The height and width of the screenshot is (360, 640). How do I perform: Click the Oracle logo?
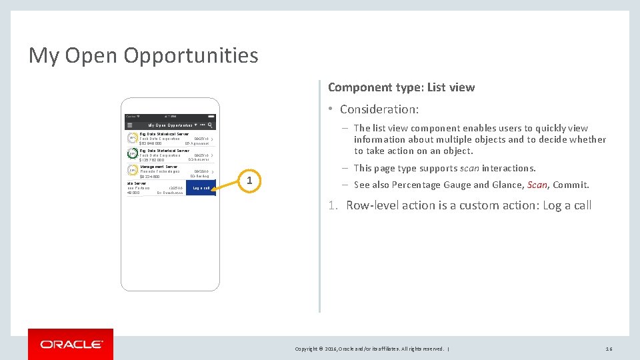[x=71, y=344]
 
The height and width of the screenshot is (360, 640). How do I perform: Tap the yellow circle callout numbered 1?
[x=249, y=181]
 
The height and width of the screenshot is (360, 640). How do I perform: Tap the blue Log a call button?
[x=201, y=188]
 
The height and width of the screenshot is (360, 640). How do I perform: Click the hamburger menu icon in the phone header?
[x=129, y=125]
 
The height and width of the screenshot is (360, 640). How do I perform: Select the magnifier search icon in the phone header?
[x=211, y=125]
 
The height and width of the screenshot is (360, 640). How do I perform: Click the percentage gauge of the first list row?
[x=133, y=138]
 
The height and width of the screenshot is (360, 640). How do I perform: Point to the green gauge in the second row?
[x=133, y=154]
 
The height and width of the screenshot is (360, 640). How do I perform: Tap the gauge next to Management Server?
[x=133, y=171]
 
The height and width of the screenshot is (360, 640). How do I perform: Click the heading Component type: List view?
[x=401, y=87]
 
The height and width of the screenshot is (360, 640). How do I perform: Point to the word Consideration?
[x=379, y=109]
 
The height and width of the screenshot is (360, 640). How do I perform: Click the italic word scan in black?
[x=470, y=168]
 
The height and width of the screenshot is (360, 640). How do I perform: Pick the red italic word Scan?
[x=537, y=185]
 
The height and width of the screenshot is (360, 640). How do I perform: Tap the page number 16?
[x=609, y=349]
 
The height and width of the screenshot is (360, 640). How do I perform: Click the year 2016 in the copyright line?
[x=329, y=349]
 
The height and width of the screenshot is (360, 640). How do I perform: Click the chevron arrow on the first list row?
[x=212, y=139]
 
